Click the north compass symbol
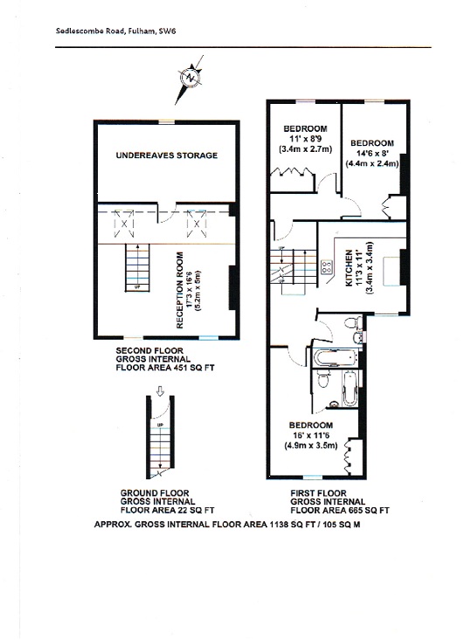click(189, 78)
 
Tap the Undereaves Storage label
click(167, 155)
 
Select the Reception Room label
click(180, 290)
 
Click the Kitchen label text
click(350, 268)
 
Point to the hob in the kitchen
click(327, 267)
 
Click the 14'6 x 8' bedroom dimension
click(371, 154)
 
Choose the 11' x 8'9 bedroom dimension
click(305, 139)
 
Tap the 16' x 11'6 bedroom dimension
click(311, 436)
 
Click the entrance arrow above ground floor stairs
click(160, 391)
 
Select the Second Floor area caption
click(165, 359)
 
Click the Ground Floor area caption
click(167, 502)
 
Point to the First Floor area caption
click(340, 502)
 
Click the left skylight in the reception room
click(123, 224)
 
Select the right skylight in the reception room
click(197, 224)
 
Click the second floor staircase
click(137, 268)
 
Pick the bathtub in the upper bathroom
click(336, 358)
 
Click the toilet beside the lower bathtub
click(322, 380)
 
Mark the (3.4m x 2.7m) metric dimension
click(305, 149)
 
